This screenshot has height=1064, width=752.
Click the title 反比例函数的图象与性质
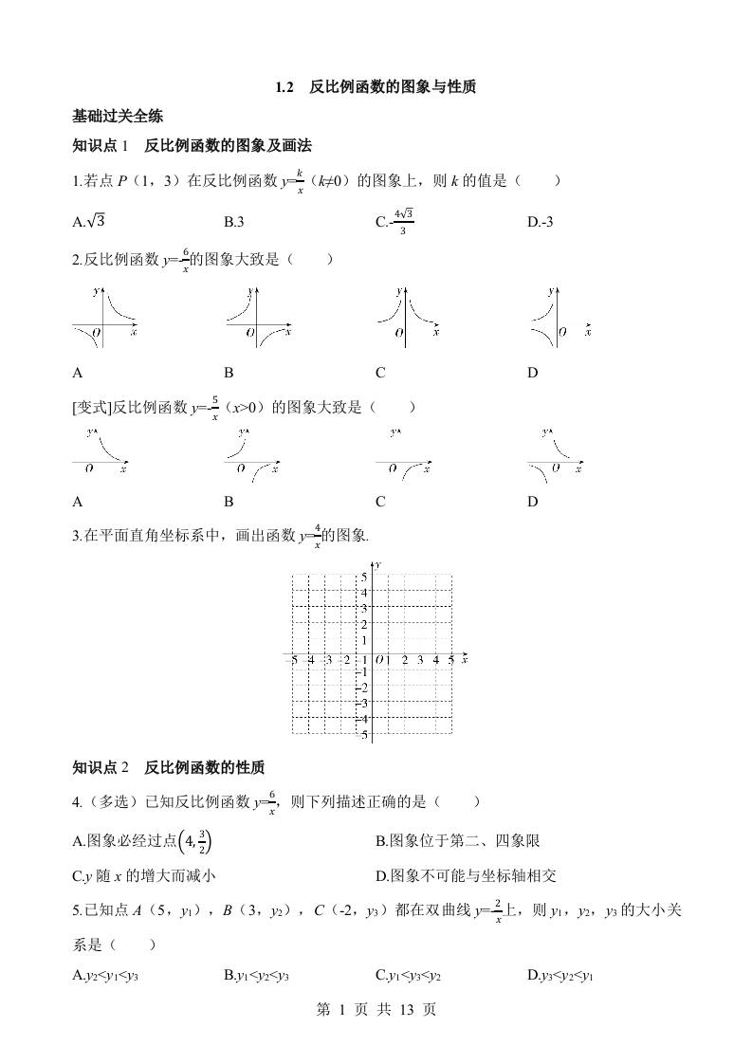pyautogui.click(x=393, y=87)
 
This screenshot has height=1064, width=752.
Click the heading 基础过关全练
pyautogui.click(x=118, y=117)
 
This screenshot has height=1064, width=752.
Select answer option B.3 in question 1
pyautogui.click(x=234, y=222)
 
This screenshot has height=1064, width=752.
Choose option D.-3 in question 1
pyautogui.click(x=540, y=222)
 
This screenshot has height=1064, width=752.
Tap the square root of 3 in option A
pyautogui.click(x=95, y=222)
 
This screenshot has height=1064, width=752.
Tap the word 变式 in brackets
pyautogui.click(x=92, y=408)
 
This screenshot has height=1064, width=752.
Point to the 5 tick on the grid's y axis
pyautogui.click(x=365, y=577)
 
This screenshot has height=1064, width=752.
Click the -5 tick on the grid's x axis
pyautogui.click(x=295, y=660)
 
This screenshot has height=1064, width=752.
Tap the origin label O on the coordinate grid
pyautogui.click(x=378, y=660)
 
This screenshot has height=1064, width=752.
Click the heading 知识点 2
pyautogui.click(x=100, y=767)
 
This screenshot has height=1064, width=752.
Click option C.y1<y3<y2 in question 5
pyautogui.click(x=409, y=974)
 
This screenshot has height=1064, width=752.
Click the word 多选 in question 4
pyautogui.click(x=110, y=802)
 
